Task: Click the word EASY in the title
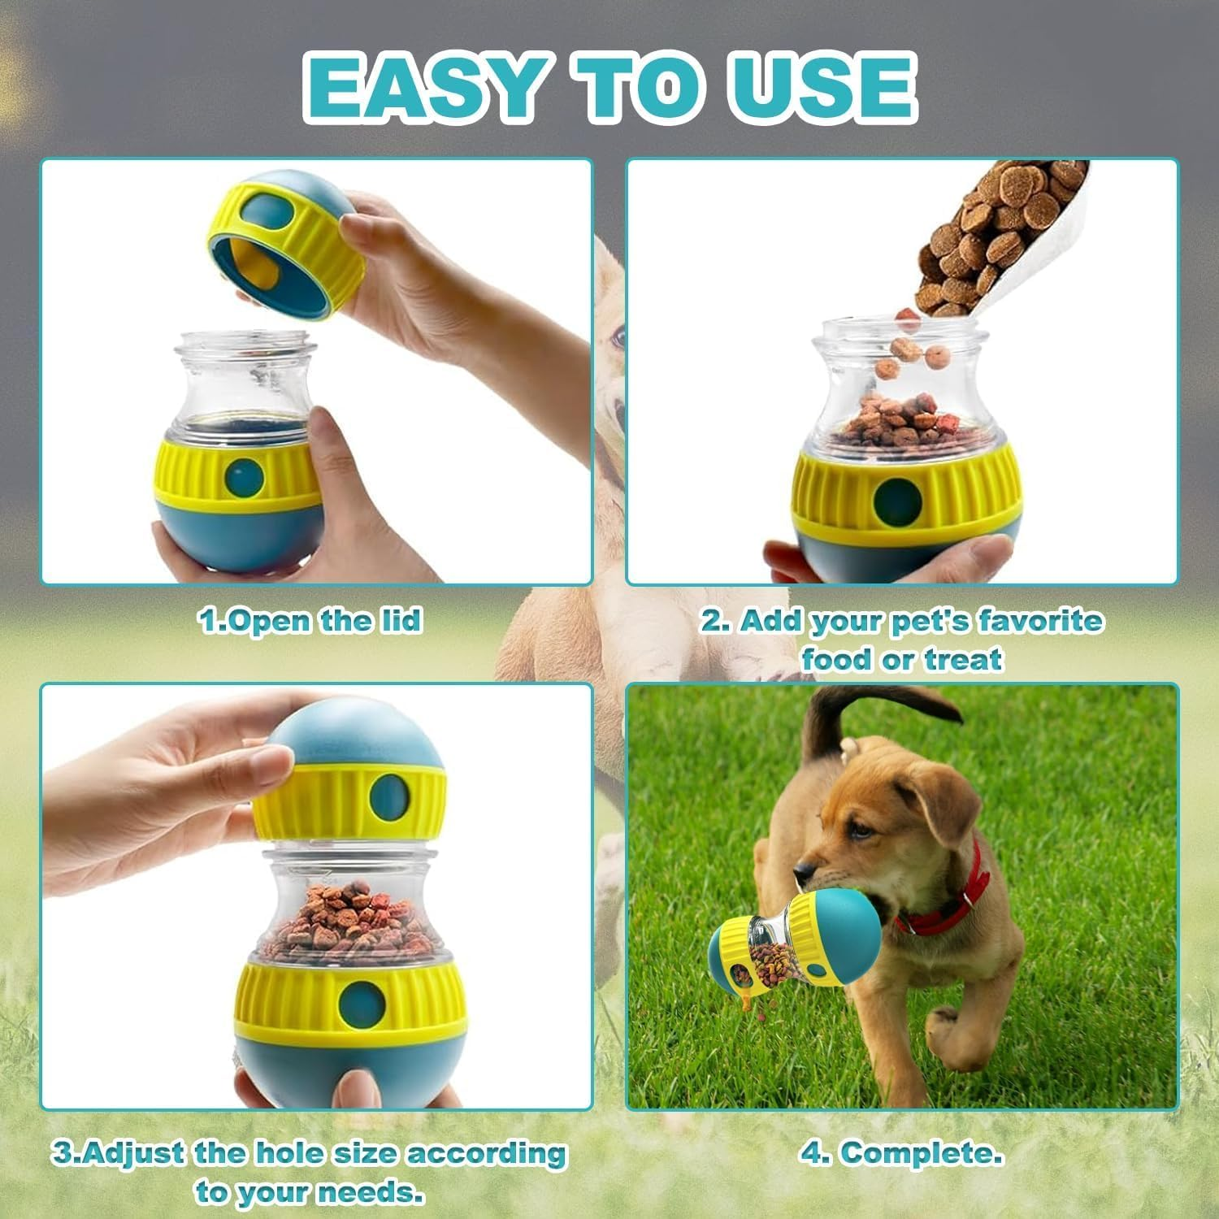(423, 88)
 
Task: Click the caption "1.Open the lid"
(310, 621)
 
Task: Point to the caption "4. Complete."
(901, 1152)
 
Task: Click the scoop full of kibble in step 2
(1000, 236)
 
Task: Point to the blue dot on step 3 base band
(354, 1000)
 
